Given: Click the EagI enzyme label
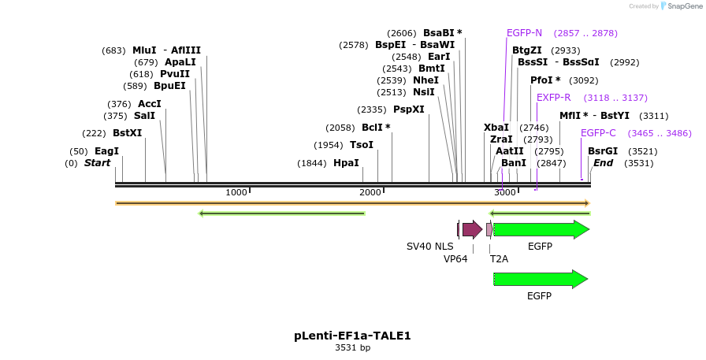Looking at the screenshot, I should point(106,151).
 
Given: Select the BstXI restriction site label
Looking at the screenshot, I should point(127,133).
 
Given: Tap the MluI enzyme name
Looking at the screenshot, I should point(144,50).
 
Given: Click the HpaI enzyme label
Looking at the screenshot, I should point(346,163).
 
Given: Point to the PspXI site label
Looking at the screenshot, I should point(408,109).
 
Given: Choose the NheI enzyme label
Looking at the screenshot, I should point(425,80).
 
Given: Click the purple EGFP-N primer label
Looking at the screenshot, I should point(524,33).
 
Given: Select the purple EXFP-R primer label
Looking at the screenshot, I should point(553,98).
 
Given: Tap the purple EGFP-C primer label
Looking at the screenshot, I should point(598,133).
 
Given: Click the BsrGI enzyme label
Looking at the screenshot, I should point(602,151).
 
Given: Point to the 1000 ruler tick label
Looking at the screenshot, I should point(236,193).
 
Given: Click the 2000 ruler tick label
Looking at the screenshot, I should point(370,193).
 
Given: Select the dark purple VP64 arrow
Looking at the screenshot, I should point(472,229).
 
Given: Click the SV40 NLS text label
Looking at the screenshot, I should point(429,247).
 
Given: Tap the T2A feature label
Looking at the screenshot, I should point(499,258).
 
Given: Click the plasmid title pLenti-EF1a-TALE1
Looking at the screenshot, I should point(352,336).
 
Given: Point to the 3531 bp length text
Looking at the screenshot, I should point(352,347).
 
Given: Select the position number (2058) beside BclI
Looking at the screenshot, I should point(341,128).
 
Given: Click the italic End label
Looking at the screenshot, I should point(603,163).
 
